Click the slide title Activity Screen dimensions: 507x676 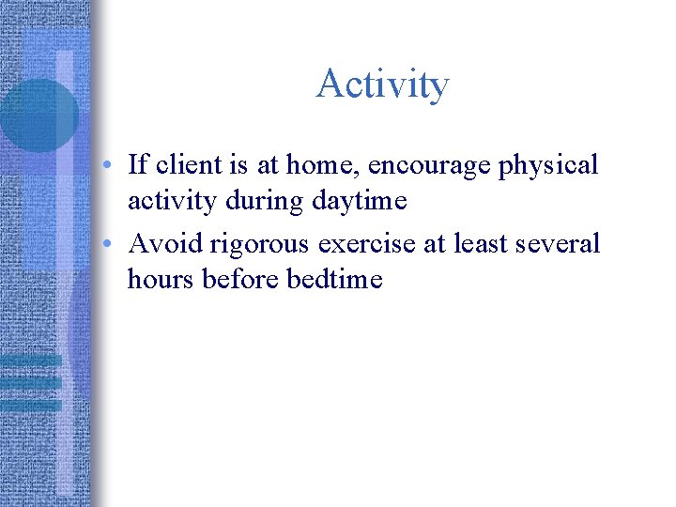382,84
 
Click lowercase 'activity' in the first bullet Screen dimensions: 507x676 171,201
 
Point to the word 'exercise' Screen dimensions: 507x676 369,244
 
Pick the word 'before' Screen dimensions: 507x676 233,279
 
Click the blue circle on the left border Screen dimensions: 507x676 38,115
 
